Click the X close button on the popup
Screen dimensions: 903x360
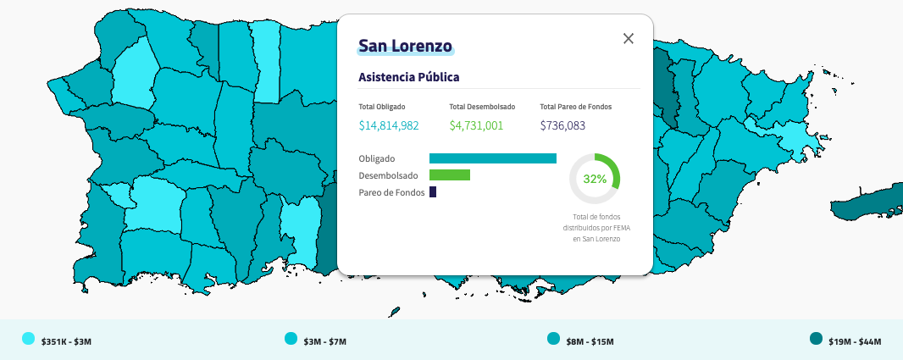point(629,39)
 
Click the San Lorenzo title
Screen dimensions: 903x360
point(406,46)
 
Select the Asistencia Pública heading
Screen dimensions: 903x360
point(409,77)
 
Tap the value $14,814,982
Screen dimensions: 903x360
point(389,125)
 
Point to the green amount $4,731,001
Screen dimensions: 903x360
point(476,125)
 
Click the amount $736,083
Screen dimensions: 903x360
point(562,125)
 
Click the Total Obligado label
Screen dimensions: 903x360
point(382,107)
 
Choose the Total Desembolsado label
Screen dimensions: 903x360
point(482,107)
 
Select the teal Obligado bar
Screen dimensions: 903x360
point(493,158)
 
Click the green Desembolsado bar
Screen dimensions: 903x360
point(450,175)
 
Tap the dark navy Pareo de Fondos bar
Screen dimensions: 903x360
point(433,191)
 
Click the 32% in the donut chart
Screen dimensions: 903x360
point(595,179)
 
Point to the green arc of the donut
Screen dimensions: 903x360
point(616,167)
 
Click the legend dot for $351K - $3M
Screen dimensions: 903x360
point(28,339)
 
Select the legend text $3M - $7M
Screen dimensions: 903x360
point(325,341)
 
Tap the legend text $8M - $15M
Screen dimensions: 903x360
point(589,341)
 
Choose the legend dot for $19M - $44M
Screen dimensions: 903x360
point(816,339)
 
